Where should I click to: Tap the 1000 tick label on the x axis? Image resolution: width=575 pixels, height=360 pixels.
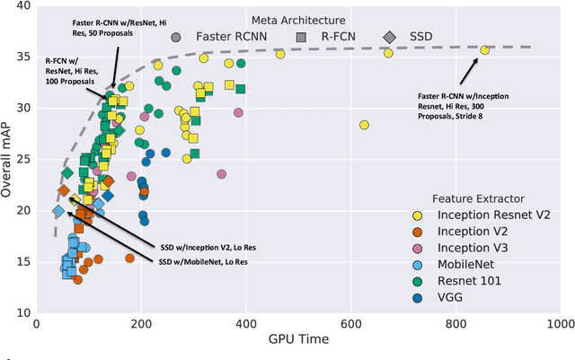pyautogui.click(x=559, y=323)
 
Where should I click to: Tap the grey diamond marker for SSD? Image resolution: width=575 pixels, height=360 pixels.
pyautogui.click(x=389, y=37)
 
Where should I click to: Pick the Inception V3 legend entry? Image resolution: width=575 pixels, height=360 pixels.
pyautogui.click(x=482, y=249)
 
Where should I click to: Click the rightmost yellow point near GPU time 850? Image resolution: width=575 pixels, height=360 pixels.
pyautogui.click(x=484, y=50)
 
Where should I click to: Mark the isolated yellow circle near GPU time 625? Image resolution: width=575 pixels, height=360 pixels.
pyautogui.click(x=364, y=125)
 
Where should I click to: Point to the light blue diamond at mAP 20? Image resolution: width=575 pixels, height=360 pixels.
pyautogui.click(x=57, y=212)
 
